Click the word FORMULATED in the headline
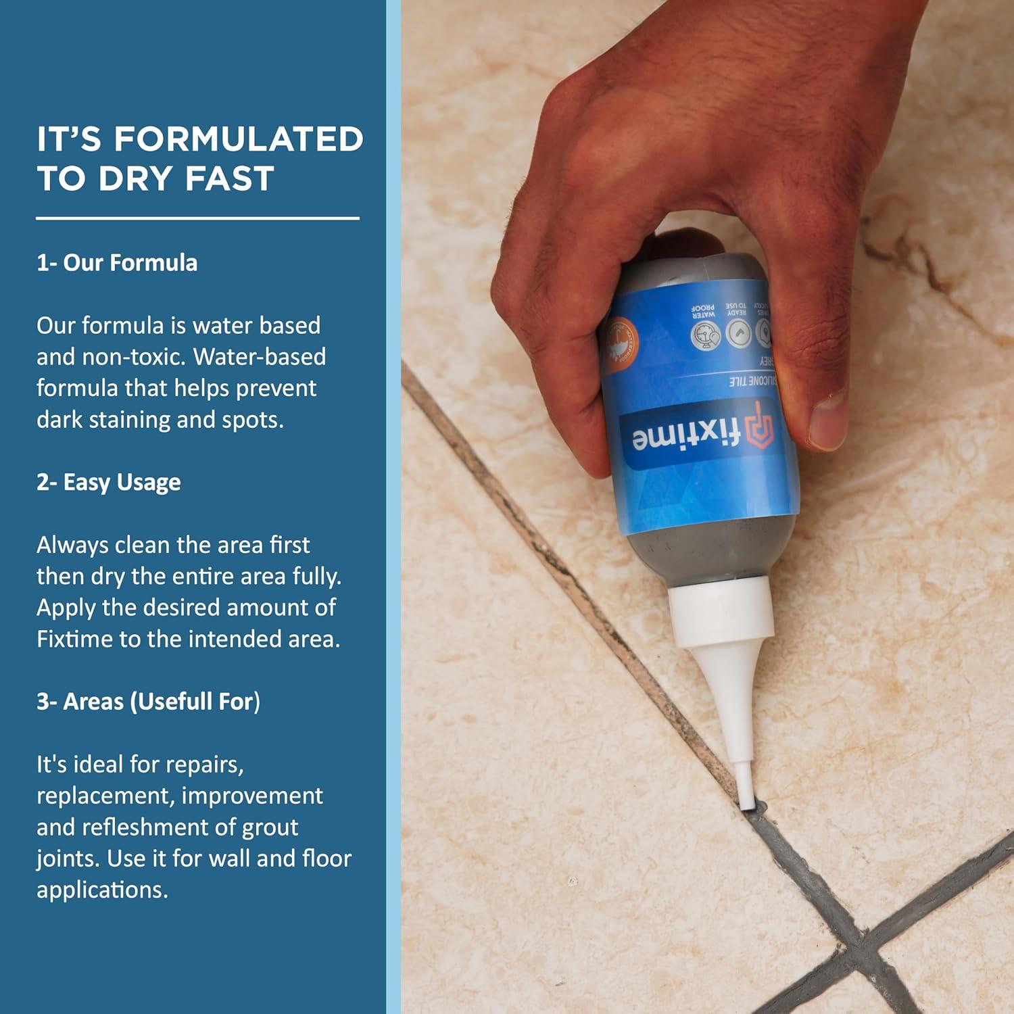pyautogui.click(x=239, y=139)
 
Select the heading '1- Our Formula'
pyautogui.click(x=117, y=263)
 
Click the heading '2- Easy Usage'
pyautogui.click(x=109, y=483)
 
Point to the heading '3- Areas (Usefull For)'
pyautogui.click(x=148, y=702)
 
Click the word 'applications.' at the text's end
pyautogui.click(x=102, y=890)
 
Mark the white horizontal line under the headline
pyautogui.click(x=197, y=218)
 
